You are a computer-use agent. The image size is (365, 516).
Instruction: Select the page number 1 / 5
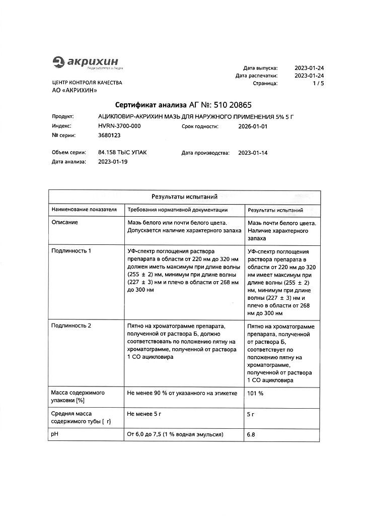pyautogui.click(x=318, y=84)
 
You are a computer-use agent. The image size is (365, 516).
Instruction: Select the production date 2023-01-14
pyautogui.click(x=253, y=152)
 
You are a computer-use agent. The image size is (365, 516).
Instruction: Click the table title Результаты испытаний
pyautogui.click(x=184, y=197)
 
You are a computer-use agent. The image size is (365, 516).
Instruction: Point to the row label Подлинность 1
pyautogui.click(x=71, y=250)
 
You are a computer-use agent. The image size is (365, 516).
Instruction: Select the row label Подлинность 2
pyautogui.click(x=71, y=326)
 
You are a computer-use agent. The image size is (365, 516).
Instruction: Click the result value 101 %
pyautogui.click(x=255, y=393)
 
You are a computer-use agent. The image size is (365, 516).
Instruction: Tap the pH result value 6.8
pyautogui.click(x=251, y=434)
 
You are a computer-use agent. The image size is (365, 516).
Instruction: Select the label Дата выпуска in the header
pyautogui.click(x=260, y=67)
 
